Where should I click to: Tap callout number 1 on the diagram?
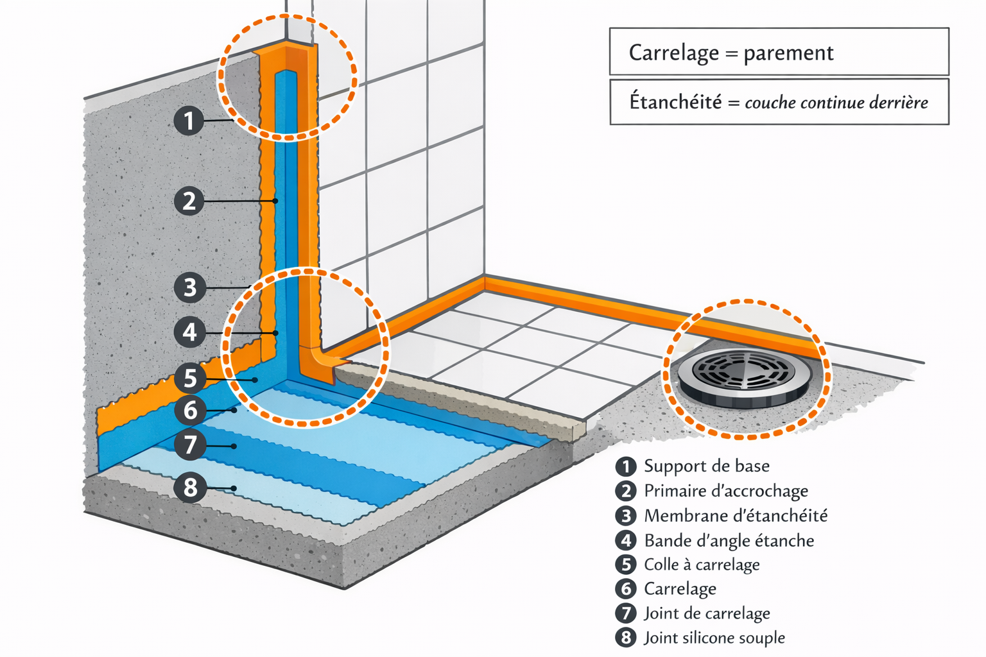click(x=189, y=121)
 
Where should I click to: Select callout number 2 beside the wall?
click(x=189, y=201)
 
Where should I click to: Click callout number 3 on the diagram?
click(x=189, y=287)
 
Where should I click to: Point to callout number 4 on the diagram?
click(x=189, y=332)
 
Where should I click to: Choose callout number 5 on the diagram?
click(x=190, y=378)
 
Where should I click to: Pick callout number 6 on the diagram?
click(x=190, y=410)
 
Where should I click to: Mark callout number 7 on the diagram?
click(x=190, y=445)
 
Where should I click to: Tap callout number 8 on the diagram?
click(x=190, y=488)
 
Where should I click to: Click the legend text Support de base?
click(x=706, y=466)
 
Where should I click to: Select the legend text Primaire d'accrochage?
click(x=725, y=491)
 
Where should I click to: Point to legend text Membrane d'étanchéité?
click(x=736, y=516)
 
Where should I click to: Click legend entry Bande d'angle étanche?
click(x=729, y=541)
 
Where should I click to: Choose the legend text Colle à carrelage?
click(x=702, y=565)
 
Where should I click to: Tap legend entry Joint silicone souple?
click(x=714, y=638)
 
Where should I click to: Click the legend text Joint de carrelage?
click(x=707, y=613)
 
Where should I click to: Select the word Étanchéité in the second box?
click(x=675, y=101)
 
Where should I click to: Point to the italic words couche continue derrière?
click(x=836, y=103)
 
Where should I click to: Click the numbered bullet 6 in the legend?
click(x=626, y=589)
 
